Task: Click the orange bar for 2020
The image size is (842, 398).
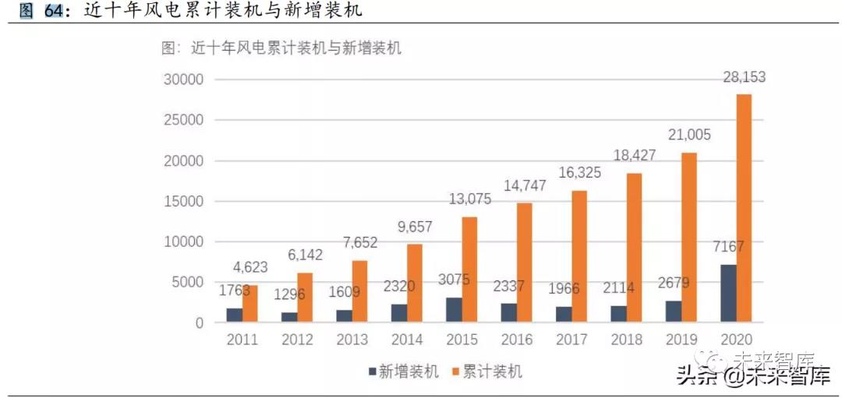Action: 743,208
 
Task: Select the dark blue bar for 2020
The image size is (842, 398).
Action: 728,293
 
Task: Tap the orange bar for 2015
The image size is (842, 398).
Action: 469,269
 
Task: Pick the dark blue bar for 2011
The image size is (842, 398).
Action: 235,315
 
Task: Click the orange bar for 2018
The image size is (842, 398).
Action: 633,247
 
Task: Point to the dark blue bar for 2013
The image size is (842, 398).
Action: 345,315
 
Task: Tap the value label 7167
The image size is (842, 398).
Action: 727,247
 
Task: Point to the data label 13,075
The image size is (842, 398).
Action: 469,199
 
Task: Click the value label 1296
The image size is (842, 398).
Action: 289,294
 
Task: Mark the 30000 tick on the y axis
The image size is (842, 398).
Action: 183,79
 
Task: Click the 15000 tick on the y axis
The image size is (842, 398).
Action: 183,201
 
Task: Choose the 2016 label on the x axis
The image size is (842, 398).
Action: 516,340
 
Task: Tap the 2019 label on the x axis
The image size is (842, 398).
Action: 681,340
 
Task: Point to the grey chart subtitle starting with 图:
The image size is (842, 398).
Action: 281,48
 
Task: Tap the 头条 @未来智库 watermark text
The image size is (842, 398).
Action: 753,378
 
